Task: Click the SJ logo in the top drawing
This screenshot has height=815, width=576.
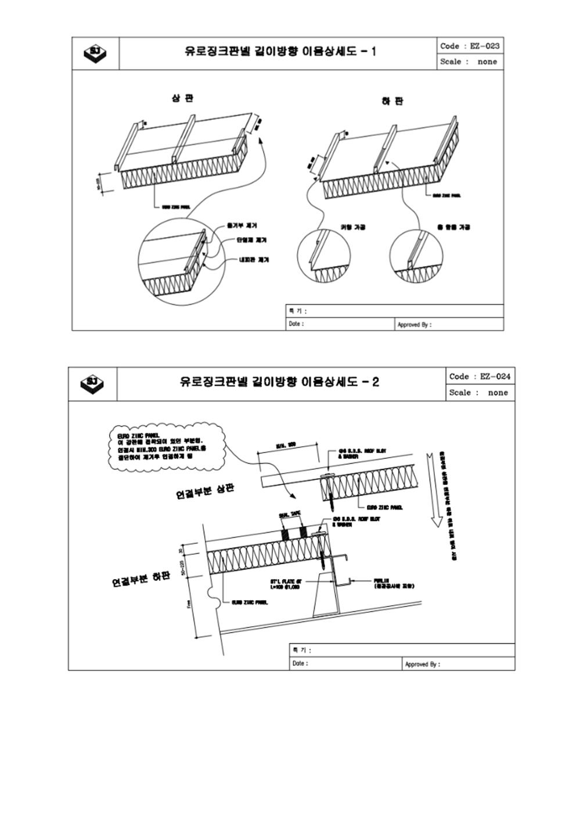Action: pyautogui.click(x=96, y=53)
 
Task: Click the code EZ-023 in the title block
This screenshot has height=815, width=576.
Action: pyautogui.click(x=470, y=46)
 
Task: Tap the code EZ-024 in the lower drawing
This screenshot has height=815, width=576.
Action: pyautogui.click(x=480, y=376)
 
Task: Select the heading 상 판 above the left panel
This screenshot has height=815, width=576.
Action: pyautogui.click(x=182, y=98)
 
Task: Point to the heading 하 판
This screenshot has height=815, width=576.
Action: pyautogui.click(x=393, y=101)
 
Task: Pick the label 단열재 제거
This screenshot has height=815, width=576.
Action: pyautogui.click(x=251, y=240)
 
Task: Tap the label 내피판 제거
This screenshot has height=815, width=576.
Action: pyautogui.click(x=254, y=260)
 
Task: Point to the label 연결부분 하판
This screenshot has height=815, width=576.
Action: pyautogui.click(x=141, y=579)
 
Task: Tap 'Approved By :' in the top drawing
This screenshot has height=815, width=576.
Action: pyautogui.click(x=414, y=325)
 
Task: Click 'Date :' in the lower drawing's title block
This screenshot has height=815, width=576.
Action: pyautogui.click(x=300, y=663)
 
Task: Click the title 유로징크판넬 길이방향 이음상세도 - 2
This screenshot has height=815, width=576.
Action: pyautogui.click(x=279, y=382)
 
